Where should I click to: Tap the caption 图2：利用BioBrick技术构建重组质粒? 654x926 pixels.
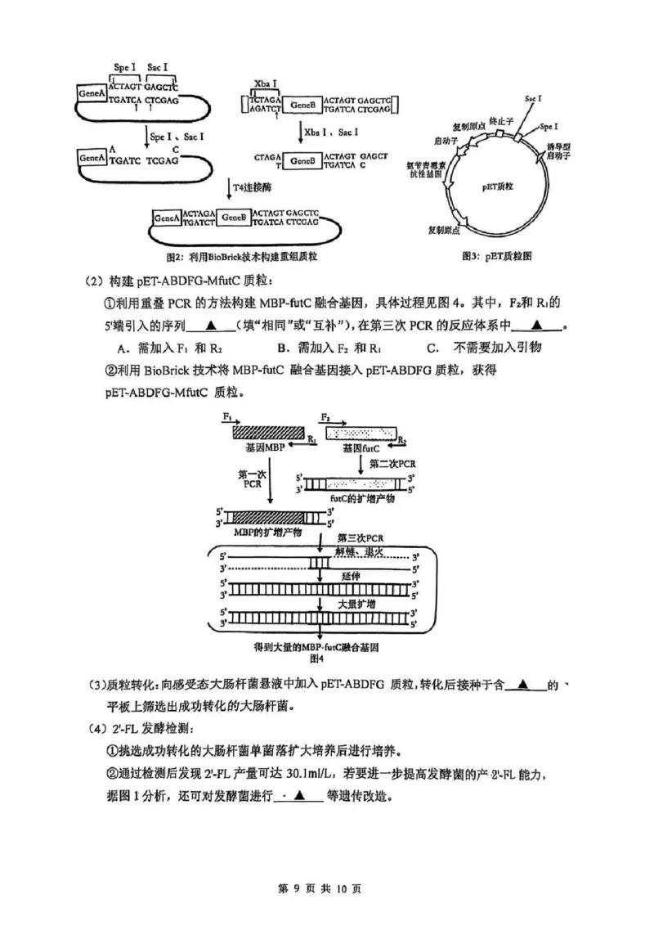(x=241, y=256)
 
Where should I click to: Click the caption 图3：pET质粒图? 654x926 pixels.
(x=497, y=256)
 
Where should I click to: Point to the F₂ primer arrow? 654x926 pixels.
(x=336, y=419)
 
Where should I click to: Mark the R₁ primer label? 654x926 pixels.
(x=312, y=440)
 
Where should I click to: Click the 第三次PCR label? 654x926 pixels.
(x=361, y=537)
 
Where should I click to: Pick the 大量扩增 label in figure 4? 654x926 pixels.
(x=357, y=603)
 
